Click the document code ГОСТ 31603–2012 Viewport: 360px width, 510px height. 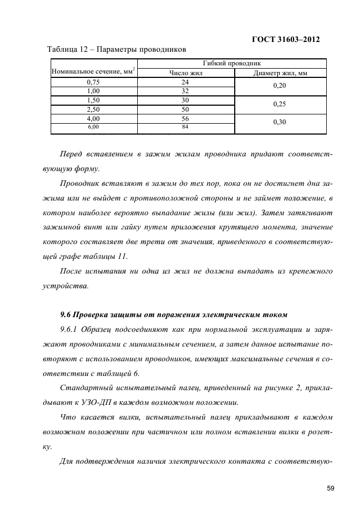click(x=285, y=39)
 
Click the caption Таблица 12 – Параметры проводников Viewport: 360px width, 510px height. click(x=117, y=50)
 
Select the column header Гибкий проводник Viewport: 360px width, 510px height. click(x=232, y=63)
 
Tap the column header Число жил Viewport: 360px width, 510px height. click(x=185, y=72)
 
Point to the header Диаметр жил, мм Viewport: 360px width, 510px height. click(x=280, y=72)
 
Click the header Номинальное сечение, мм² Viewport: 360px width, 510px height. click(x=93, y=70)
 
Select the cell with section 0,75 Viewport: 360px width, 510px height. click(x=94, y=82)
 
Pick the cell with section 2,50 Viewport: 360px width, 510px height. click(x=94, y=110)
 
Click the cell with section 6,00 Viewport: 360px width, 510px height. click(x=94, y=127)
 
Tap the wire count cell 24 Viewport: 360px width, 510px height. click(x=185, y=82)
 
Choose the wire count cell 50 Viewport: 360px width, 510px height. click(x=185, y=110)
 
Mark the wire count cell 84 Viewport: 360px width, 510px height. click(x=185, y=127)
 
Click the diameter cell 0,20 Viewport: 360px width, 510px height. click(x=279, y=86)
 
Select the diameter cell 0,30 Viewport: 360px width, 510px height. click(x=279, y=122)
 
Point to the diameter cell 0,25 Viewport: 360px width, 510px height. click(x=279, y=104)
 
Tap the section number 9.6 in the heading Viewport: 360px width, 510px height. click(x=65, y=315)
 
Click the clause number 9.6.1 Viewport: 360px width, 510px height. click(x=69, y=330)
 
